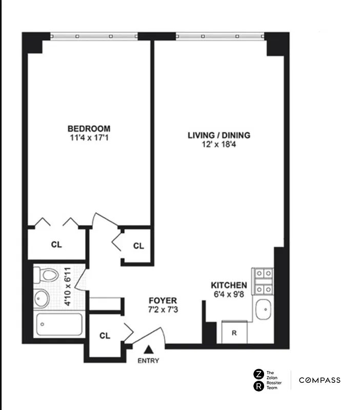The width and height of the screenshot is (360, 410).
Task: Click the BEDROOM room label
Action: point(89,128)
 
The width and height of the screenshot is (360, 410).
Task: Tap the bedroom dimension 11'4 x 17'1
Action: point(89,137)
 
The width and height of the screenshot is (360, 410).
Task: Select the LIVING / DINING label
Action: point(219,135)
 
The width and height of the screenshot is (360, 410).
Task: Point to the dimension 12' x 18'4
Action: point(219,145)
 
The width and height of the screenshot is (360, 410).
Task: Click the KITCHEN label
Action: point(230,285)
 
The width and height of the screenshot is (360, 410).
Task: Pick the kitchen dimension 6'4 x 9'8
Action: point(230,295)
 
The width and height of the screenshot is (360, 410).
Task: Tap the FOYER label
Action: point(163,300)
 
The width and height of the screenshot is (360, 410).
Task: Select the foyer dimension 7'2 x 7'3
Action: point(163,310)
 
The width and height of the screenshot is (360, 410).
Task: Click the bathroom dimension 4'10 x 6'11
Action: point(67,291)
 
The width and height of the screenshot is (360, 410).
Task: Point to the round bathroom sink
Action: point(41,297)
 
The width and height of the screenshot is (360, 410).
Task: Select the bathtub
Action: point(59,324)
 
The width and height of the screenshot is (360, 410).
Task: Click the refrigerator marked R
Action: point(234,333)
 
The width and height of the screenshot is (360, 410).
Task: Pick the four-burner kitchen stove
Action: point(263,281)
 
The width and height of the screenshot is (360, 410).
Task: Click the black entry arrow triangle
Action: point(148,350)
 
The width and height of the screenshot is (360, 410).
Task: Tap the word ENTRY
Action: point(148,361)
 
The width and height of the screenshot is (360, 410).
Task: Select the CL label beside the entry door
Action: point(105,336)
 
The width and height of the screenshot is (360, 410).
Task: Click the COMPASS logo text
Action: point(320,380)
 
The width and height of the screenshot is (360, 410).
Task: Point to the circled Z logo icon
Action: point(259,374)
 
